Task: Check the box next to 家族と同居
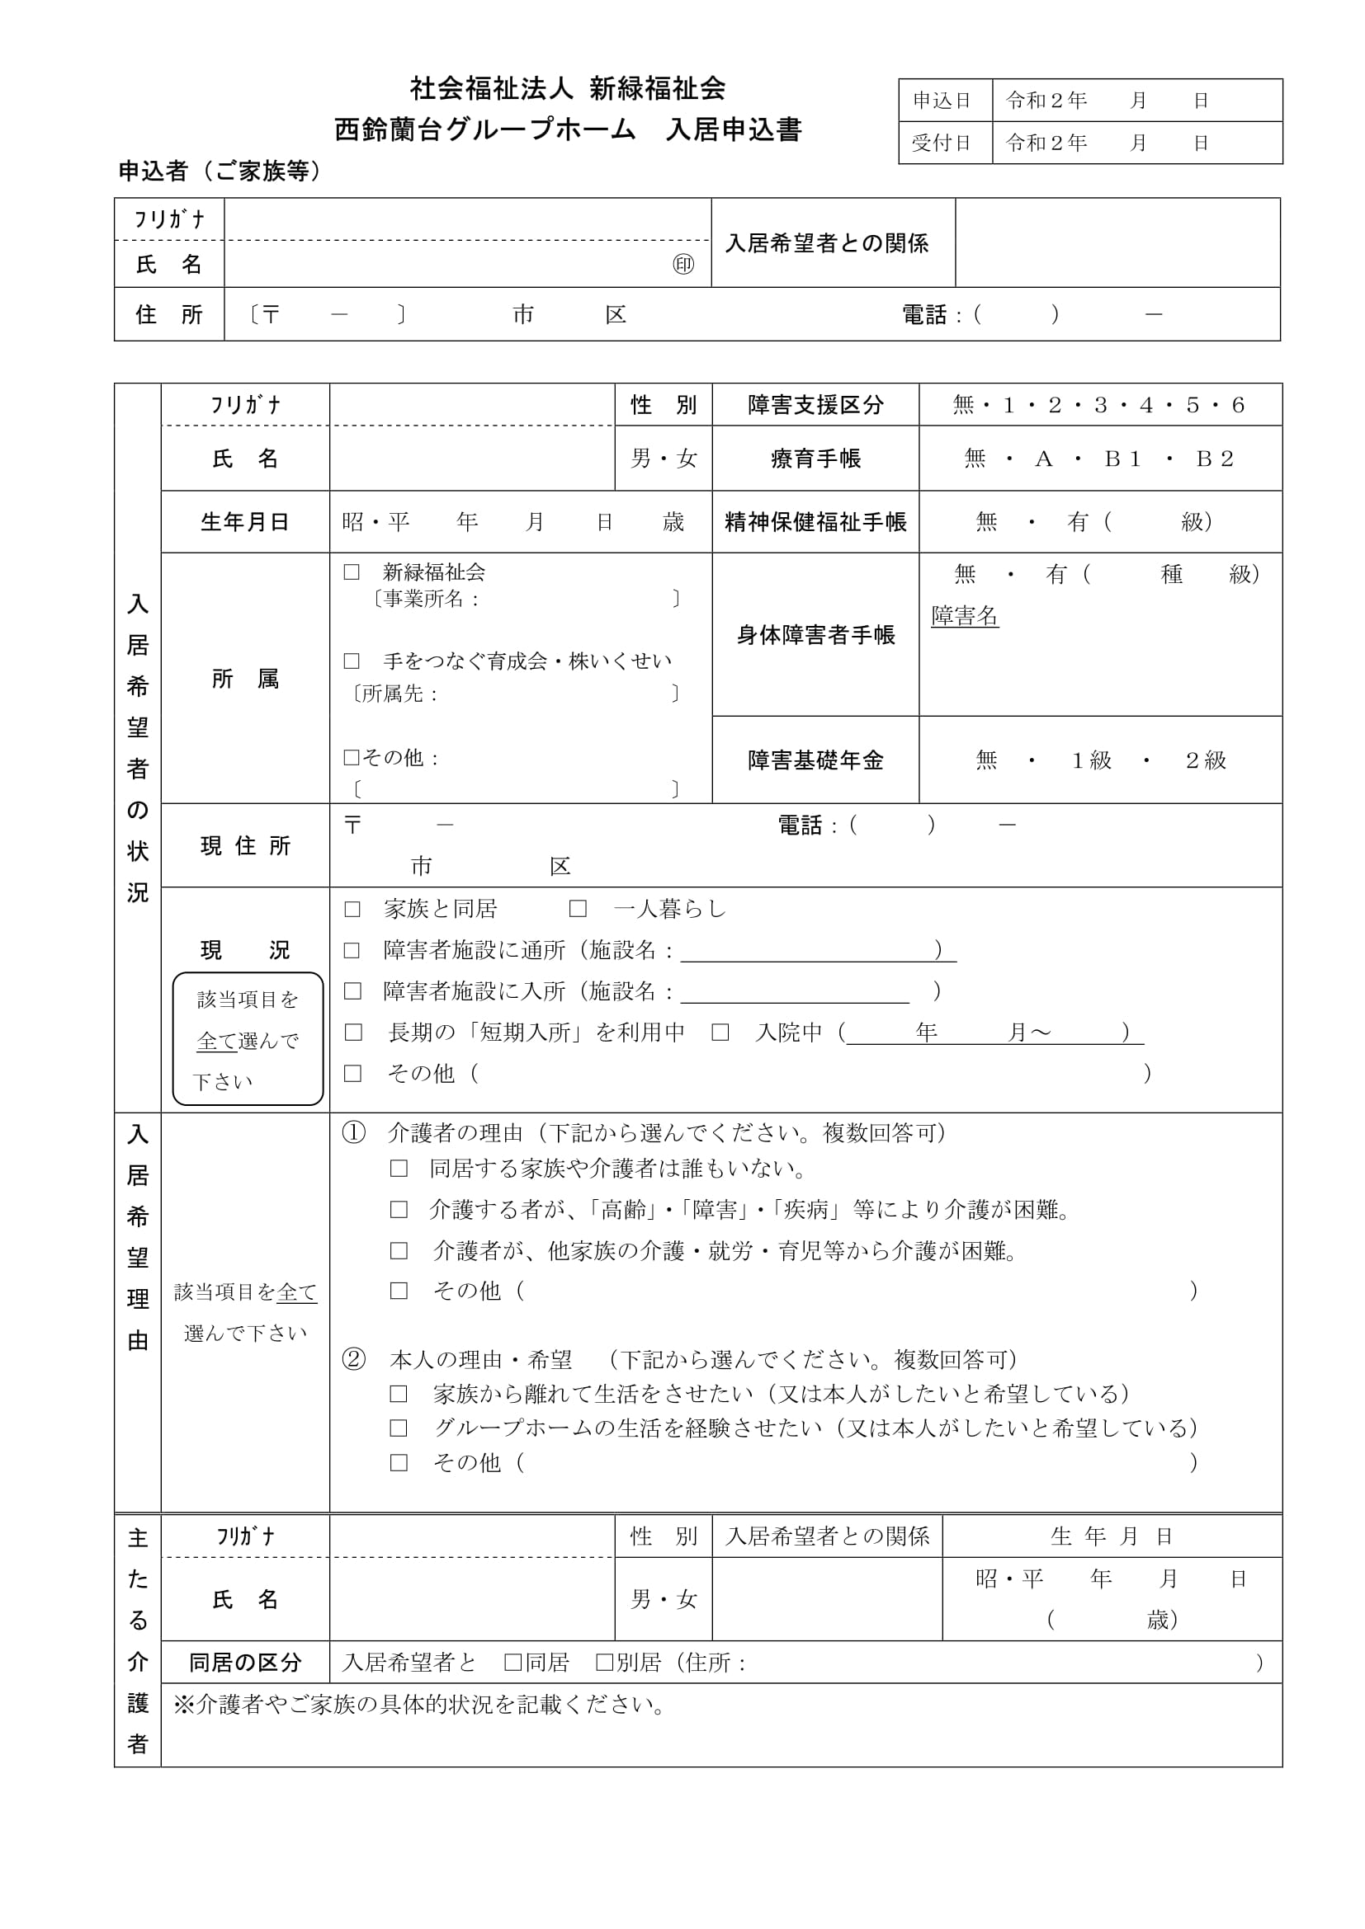352,909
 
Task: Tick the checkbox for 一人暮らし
578,909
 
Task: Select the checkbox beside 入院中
720,1033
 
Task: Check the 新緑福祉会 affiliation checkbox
352,572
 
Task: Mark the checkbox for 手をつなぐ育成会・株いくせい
352,661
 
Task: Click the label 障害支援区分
815,406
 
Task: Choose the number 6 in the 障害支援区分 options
1238,406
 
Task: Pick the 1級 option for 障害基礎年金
1092,760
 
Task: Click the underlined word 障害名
965,616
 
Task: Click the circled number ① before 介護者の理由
354,1133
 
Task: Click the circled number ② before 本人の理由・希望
354,1359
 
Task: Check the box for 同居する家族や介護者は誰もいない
399,1169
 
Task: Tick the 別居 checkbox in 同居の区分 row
604,1663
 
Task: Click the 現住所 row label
245,846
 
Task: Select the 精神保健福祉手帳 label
815,523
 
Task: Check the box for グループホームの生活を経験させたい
399,1428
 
